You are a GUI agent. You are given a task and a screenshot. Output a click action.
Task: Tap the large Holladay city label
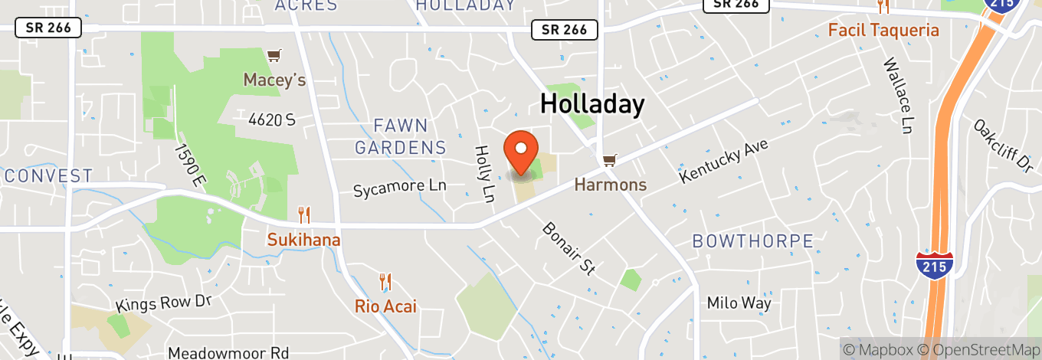592,103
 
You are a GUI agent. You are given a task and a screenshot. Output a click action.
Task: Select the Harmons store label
611,185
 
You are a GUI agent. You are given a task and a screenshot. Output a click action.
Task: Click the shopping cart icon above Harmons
609,161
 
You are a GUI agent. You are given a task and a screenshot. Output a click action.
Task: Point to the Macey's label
274,80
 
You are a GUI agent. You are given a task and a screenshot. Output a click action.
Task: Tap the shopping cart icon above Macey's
274,56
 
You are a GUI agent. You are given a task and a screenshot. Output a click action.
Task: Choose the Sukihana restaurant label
303,240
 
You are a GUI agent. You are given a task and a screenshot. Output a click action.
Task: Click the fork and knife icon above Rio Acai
385,283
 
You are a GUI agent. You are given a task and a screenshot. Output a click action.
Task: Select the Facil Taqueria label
883,31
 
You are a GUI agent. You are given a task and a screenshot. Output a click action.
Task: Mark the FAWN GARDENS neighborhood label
401,136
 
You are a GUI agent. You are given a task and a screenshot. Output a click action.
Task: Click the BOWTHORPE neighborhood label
752,241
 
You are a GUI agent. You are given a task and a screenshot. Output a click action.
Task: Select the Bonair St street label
569,248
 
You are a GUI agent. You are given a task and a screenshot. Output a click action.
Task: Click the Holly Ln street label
483,175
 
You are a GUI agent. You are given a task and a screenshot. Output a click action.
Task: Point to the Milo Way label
739,303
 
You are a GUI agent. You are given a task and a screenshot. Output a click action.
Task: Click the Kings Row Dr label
163,303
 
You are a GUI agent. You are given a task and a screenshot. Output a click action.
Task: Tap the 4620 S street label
271,119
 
